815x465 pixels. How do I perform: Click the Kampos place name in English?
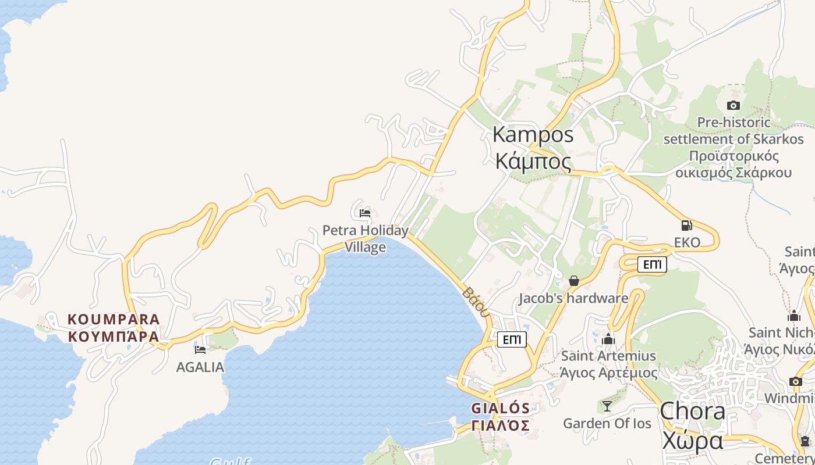coord(533,135)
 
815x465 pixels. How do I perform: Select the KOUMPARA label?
coord(114,319)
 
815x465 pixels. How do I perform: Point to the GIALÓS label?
coord(501,408)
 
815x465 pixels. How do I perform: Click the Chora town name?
coord(693,412)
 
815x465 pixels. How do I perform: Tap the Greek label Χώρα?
coord(693,441)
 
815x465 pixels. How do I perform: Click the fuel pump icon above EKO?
coord(687,226)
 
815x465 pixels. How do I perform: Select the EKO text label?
coord(687,242)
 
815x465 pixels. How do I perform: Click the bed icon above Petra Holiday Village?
coord(365,213)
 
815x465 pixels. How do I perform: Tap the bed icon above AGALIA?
coord(200,349)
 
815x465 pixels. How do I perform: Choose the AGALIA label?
coord(200,367)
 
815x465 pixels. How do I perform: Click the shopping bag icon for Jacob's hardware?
coord(574,281)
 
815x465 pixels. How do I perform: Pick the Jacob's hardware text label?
coord(573,299)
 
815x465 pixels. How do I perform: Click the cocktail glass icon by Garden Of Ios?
coord(607,406)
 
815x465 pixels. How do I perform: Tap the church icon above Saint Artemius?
coord(609,339)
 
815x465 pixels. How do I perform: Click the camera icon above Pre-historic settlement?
coord(733,105)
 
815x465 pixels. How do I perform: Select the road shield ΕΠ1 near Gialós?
coord(512,339)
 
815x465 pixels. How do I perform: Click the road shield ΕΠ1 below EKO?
coord(652,265)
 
